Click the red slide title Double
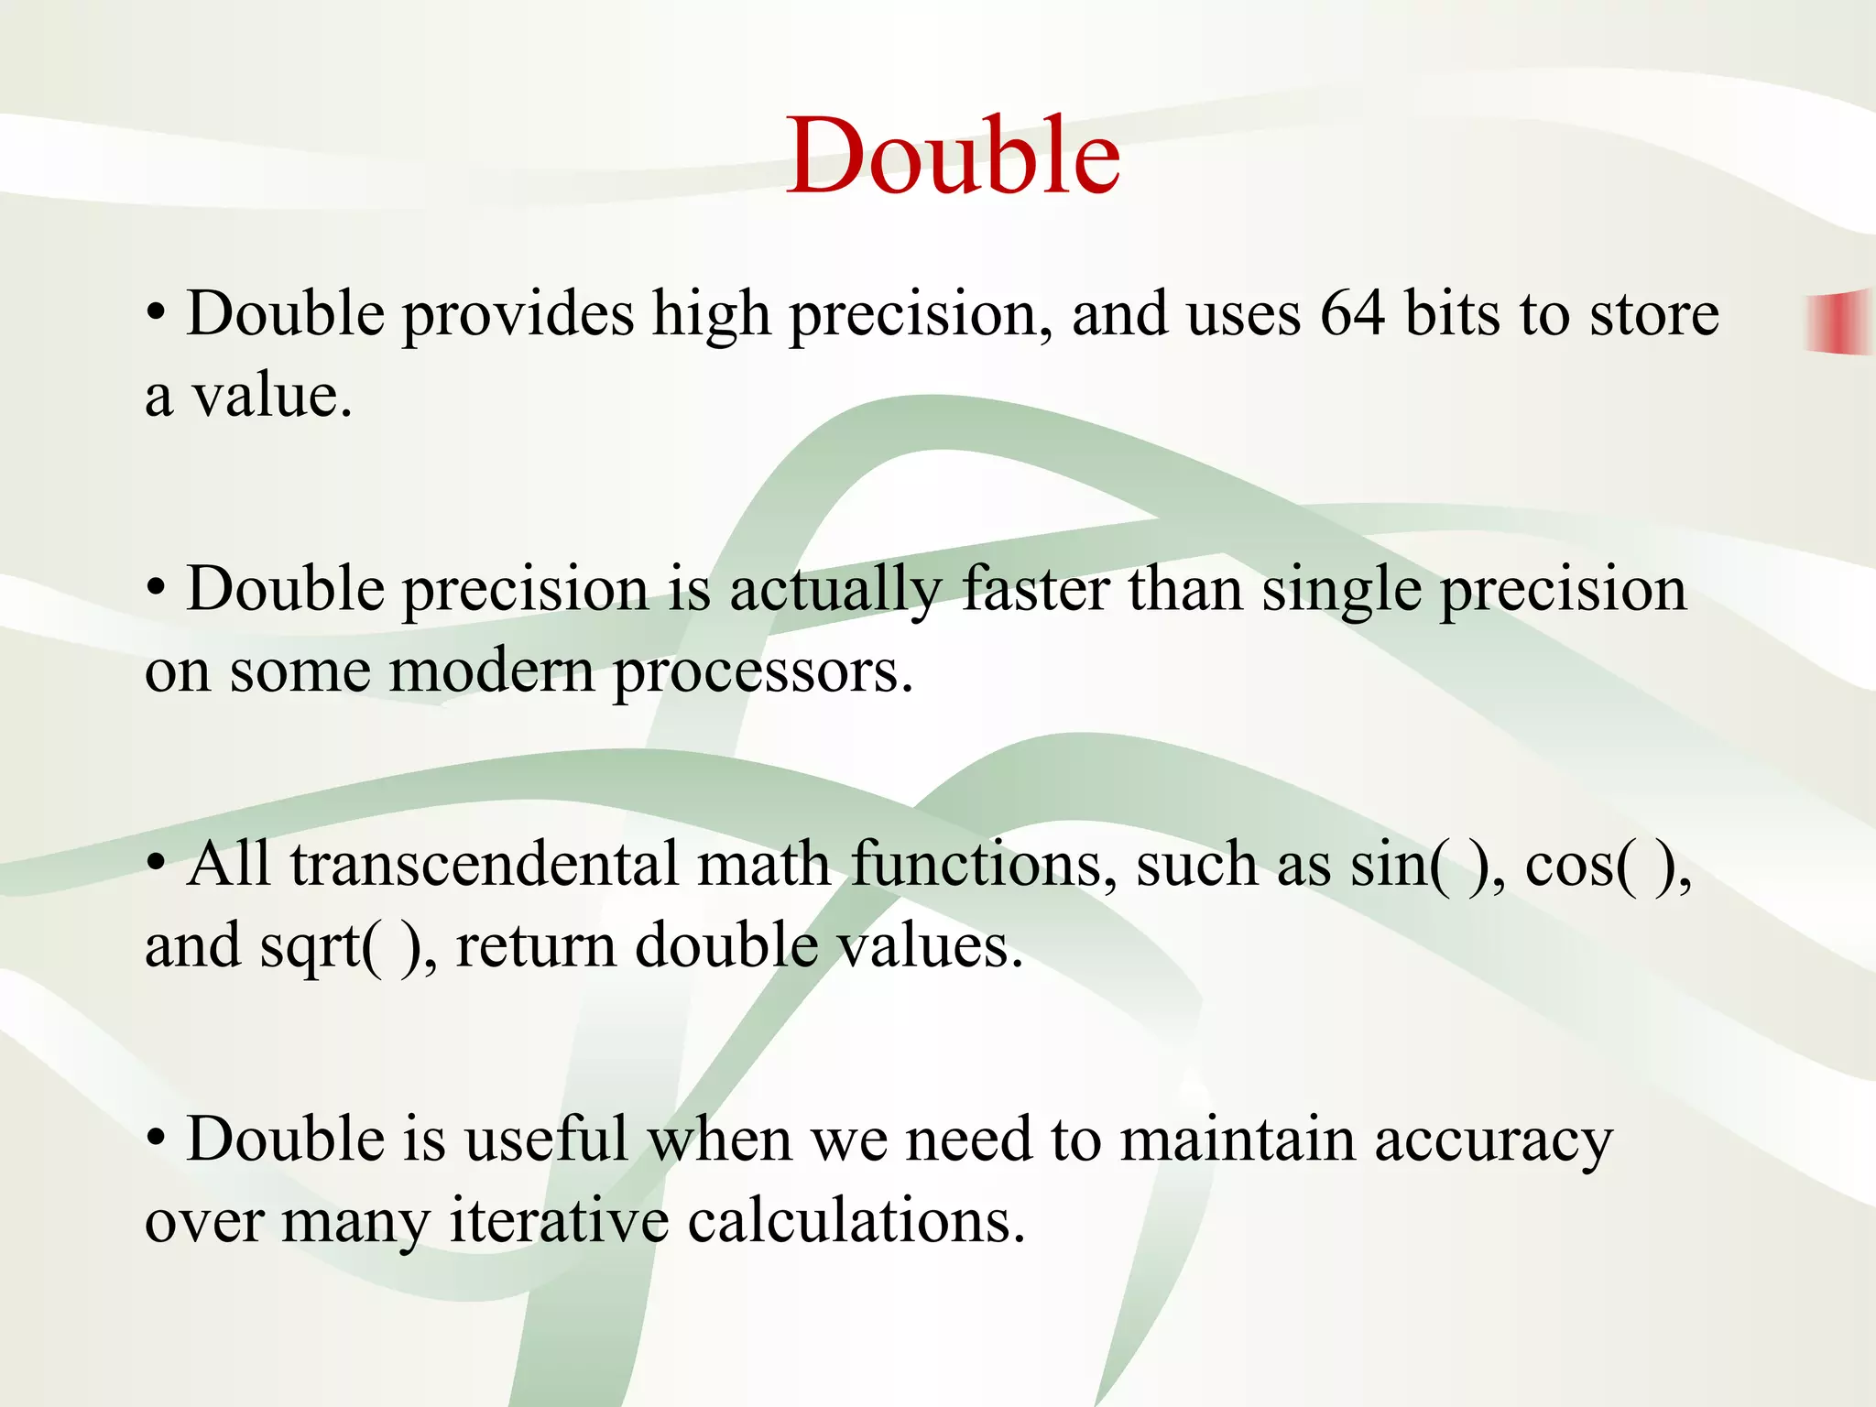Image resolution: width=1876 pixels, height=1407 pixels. coord(953,156)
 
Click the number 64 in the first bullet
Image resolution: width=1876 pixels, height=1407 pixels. coord(1352,314)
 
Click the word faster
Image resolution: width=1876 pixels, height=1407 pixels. coord(1035,589)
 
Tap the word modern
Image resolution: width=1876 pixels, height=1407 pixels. coord(492,671)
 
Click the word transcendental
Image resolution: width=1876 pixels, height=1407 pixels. coord(485,864)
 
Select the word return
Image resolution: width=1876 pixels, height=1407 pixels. coord(536,946)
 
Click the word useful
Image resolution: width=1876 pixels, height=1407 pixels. coord(546,1140)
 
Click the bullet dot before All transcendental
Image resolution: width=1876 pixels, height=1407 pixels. coord(158,863)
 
